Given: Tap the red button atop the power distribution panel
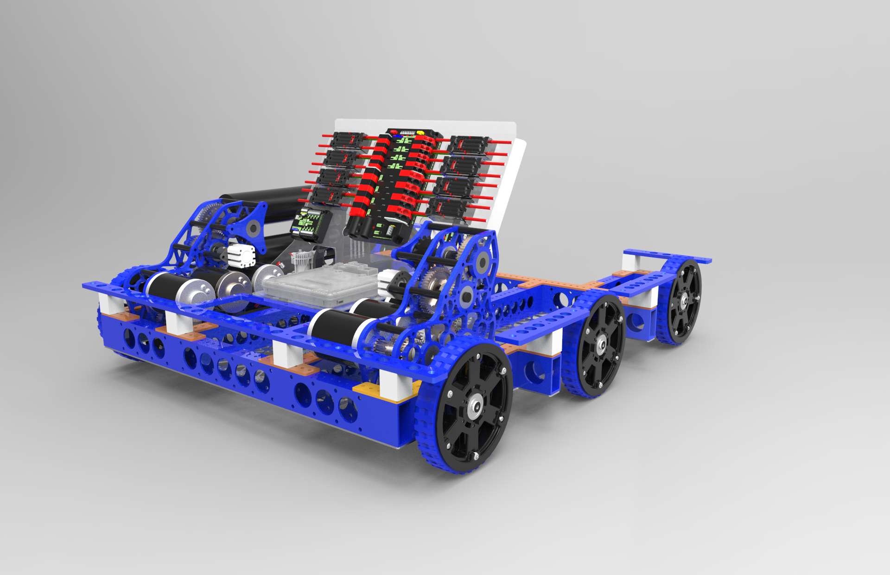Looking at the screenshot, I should tap(394, 132).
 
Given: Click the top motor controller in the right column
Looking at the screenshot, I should tap(469, 144).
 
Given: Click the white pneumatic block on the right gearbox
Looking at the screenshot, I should tap(388, 281).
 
